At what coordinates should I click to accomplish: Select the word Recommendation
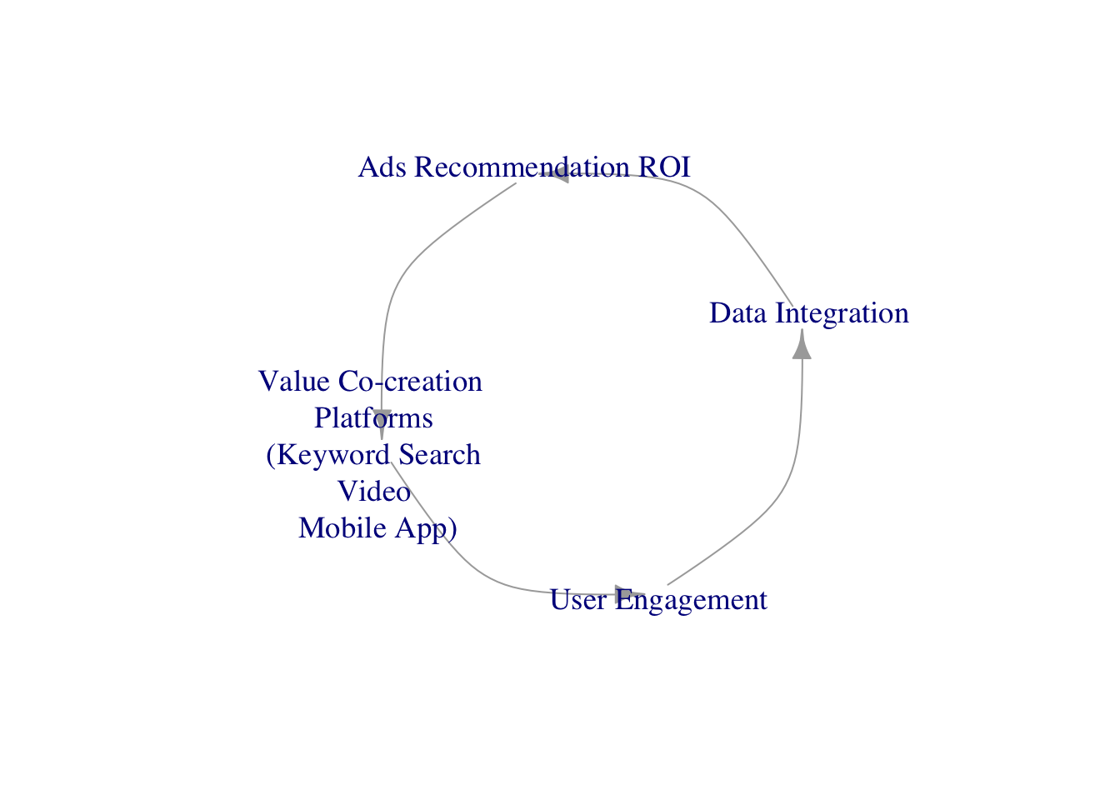pos(522,167)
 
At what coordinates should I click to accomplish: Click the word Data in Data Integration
pos(738,313)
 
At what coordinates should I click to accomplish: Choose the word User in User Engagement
pos(578,600)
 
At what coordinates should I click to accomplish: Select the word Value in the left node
pos(294,382)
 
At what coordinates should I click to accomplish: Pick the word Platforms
pos(373,418)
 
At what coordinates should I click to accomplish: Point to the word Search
pos(439,455)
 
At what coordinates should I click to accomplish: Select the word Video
pos(374,492)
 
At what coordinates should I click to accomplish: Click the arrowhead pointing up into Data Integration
pos(802,344)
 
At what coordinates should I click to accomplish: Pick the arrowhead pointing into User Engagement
pos(630,592)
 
